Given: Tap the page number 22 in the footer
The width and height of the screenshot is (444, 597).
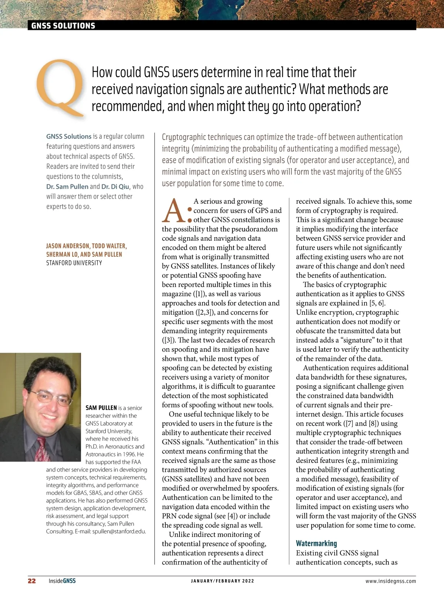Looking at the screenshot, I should (32, 581).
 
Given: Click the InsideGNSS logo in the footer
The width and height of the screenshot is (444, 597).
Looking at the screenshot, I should (62, 581).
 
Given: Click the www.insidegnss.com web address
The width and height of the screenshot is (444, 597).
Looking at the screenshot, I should (390, 581).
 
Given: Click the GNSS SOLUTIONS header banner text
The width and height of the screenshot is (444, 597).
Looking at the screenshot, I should (63, 26).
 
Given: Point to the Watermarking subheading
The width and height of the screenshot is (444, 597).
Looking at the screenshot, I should (316, 543).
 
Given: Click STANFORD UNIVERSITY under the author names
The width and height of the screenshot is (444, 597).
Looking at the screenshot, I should (74, 263).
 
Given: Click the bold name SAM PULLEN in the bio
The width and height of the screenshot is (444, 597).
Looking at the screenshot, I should (101, 408).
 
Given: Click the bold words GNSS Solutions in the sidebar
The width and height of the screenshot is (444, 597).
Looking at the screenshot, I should (69, 137).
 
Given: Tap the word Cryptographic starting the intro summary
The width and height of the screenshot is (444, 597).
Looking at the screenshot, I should (184, 137).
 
